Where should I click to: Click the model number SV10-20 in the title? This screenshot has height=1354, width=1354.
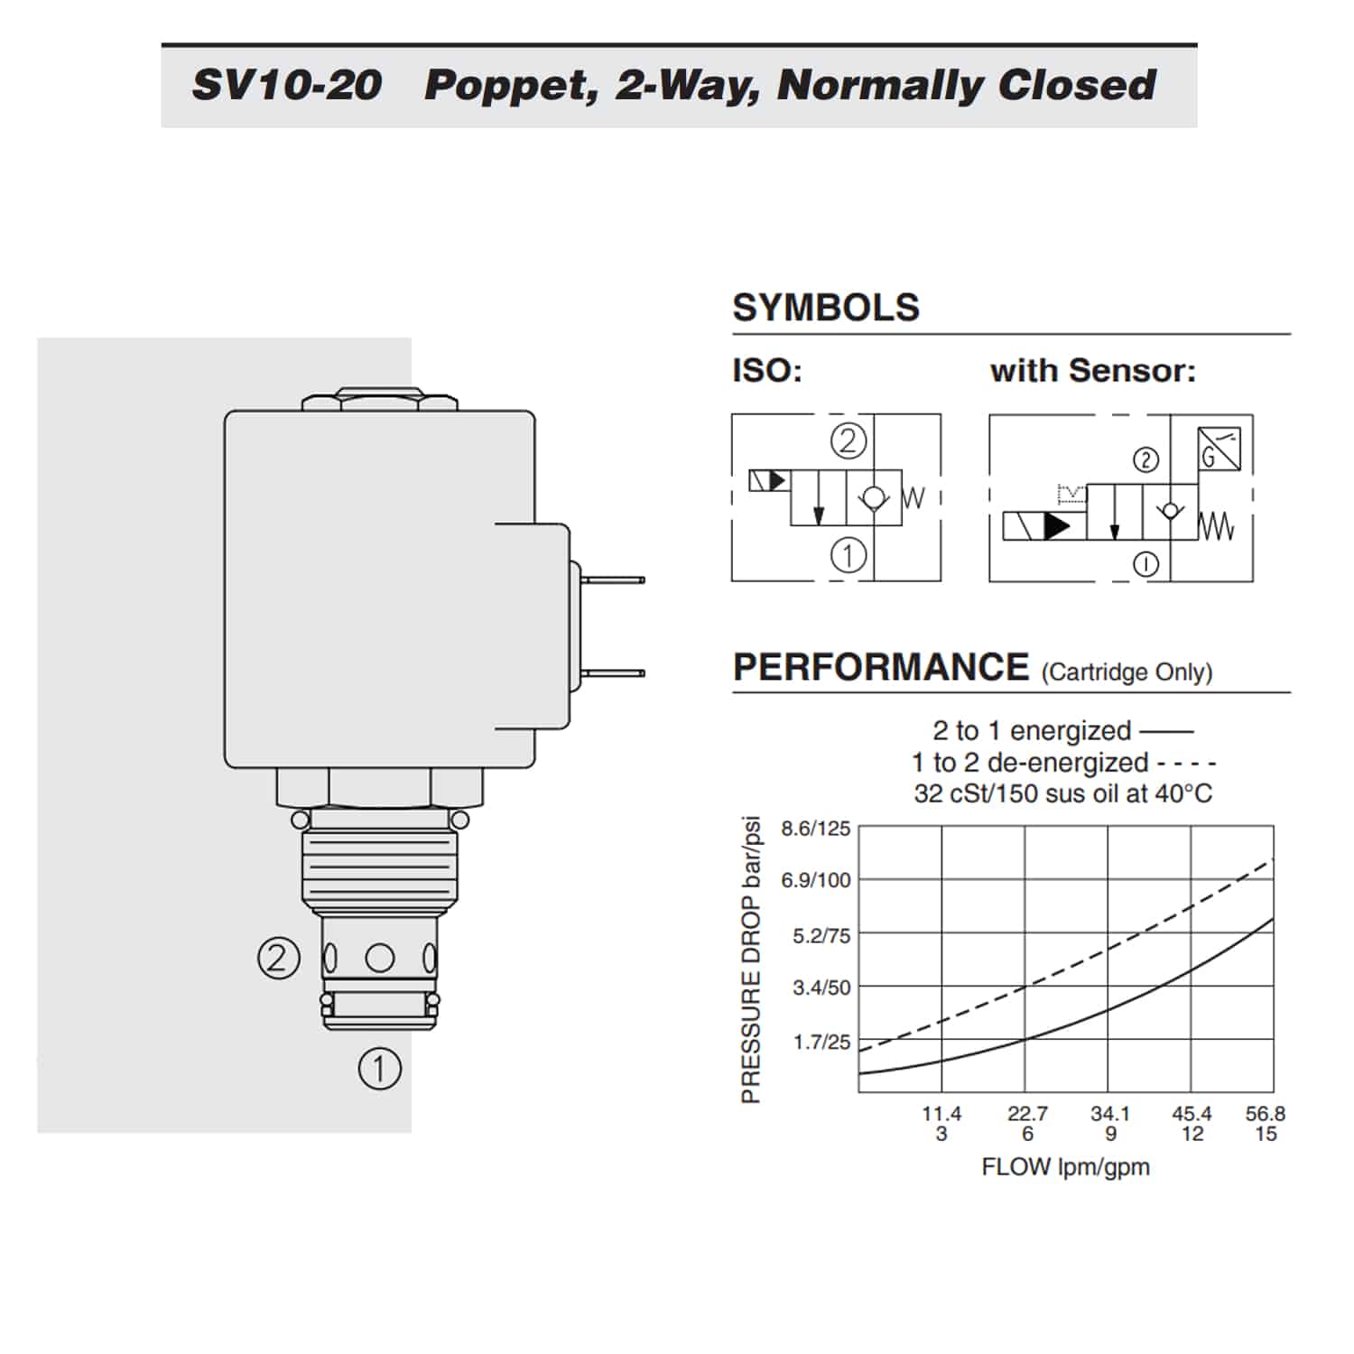(286, 85)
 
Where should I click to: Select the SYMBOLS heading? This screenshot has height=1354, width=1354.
(826, 308)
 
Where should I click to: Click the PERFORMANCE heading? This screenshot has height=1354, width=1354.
(881, 667)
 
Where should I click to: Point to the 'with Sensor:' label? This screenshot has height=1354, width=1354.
(1093, 370)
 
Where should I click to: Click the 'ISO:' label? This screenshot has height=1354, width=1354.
(767, 370)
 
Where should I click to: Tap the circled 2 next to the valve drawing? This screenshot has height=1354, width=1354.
(277, 957)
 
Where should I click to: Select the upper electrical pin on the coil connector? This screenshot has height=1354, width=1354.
(613, 580)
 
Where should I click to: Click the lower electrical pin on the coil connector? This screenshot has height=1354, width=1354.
(613, 672)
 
